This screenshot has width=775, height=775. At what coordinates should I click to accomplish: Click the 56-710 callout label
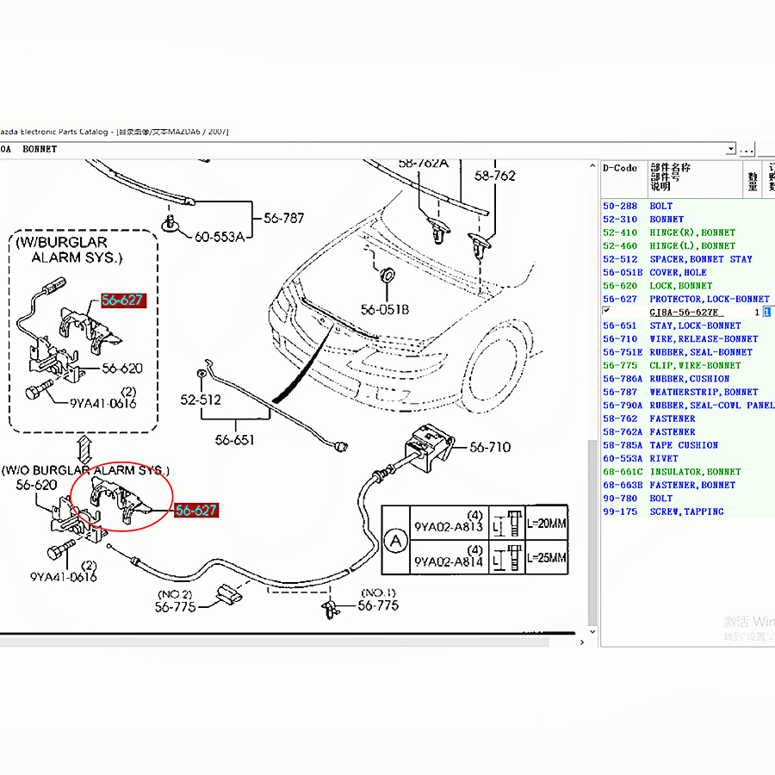pyautogui.click(x=490, y=447)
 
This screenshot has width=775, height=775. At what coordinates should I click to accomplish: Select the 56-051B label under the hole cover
pyautogui.click(x=385, y=310)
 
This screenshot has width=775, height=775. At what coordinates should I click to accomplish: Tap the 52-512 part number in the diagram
pyautogui.click(x=200, y=400)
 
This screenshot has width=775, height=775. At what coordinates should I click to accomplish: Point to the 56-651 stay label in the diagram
pyautogui.click(x=235, y=440)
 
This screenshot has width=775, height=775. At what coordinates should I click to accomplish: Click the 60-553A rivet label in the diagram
pyautogui.click(x=219, y=237)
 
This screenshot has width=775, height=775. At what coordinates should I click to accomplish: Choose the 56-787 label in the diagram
pyautogui.click(x=283, y=219)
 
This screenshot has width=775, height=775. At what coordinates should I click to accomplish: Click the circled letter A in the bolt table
pyautogui.click(x=395, y=541)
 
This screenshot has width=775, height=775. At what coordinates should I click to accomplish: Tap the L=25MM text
pyautogui.click(x=546, y=558)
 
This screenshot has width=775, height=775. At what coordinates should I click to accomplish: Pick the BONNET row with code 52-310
pyautogui.click(x=666, y=220)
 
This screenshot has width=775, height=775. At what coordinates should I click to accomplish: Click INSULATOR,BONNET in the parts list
pyautogui.click(x=694, y=472)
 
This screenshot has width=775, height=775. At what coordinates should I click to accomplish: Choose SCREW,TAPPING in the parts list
pyautogui.click(x=686, y=512)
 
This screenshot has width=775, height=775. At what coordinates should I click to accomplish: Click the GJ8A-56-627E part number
pyautogui.click(x=685, y=313)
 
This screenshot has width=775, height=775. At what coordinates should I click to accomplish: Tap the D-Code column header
pyautogui.click(x=620, y=169)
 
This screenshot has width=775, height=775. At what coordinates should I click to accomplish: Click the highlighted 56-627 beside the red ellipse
pyautogui.click(x=196, y=511)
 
